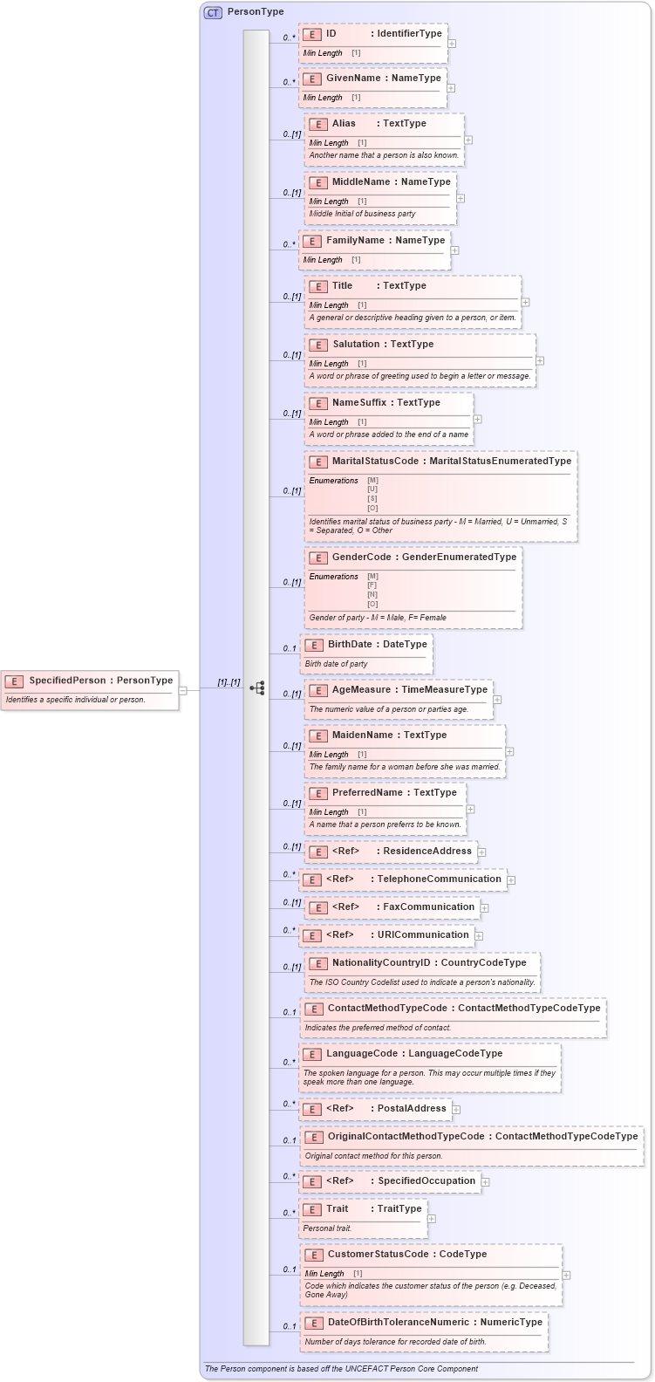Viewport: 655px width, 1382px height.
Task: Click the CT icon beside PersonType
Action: [x=213, y=12]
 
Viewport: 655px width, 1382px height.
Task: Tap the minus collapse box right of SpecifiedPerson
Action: [x=183, y=690]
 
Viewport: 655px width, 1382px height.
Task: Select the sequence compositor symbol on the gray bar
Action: [x=257, y=688]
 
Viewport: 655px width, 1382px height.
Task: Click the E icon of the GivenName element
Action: [x=312, y=79]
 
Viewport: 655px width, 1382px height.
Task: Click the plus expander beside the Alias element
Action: [x=468, y=140]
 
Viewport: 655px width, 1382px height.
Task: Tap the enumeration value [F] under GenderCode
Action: [x=372, y=585]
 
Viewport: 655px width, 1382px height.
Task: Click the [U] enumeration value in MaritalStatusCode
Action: [x=372, y=489]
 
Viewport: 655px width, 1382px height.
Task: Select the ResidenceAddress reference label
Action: [x=427, y=851]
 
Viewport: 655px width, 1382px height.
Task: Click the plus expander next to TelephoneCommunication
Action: [x=511, y=879]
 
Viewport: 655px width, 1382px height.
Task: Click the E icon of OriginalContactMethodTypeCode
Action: [x=313, y=1137]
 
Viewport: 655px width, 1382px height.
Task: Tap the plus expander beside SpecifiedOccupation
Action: [x=486, y=1181]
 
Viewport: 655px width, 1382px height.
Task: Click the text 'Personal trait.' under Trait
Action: [x=327, y=1228]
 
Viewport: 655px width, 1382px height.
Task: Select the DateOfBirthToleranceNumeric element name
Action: [x=398, y=1322]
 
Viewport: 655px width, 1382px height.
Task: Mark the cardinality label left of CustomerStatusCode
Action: [x=289, y=1269]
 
